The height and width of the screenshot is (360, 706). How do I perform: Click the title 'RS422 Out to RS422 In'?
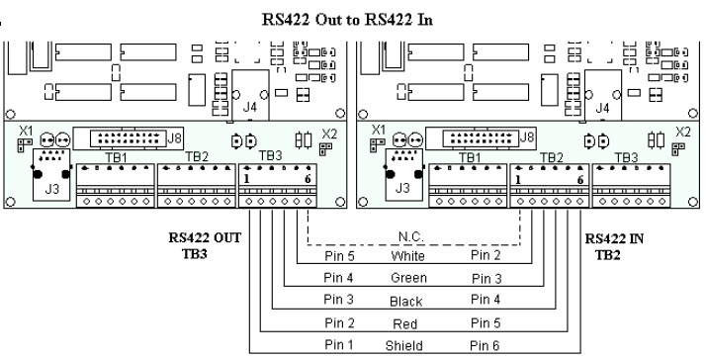point(347,20)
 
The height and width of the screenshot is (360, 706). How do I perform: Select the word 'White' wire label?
point(408,256)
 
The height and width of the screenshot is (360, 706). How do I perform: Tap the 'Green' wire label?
point(408,278)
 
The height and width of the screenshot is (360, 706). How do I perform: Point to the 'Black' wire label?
point(406,301)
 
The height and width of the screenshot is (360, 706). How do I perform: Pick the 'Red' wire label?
point(404,323)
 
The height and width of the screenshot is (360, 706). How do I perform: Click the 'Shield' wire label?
point(403,345)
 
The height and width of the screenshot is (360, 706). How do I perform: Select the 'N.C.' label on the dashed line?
point(411,237)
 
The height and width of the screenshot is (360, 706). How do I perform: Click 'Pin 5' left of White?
point(339,256)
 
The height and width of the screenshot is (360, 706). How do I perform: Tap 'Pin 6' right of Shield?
point(485,345)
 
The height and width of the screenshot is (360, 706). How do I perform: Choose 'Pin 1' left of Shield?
point(338,345)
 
